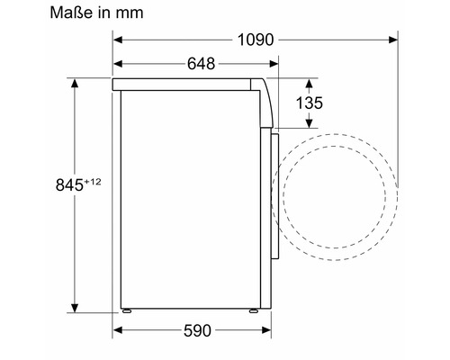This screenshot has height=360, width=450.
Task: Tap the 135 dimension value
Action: [309, 103]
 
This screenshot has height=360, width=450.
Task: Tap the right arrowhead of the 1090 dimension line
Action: [393, 40]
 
